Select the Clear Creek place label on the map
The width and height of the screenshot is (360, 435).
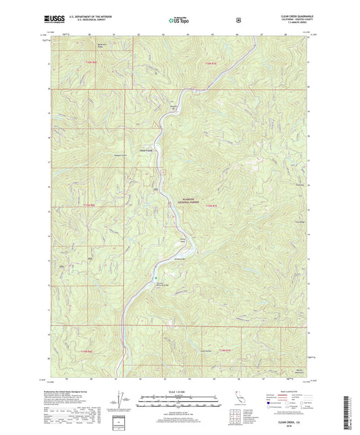pyautogui.click(x=147, y=150)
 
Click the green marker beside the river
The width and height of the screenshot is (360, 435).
pyautogui.click(x=155, y=277)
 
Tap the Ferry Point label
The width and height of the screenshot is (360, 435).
pyautogui.click(x=182, y=238)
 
